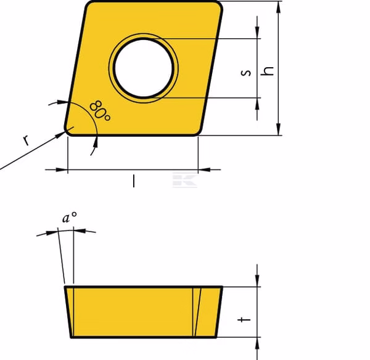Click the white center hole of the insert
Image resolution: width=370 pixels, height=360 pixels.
pyautogui.click(x=144, y=68)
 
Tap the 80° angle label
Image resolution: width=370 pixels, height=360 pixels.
pyautogui.click(x=100, y=111)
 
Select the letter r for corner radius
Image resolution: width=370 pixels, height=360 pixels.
pyautogui.click(x=27, y=140)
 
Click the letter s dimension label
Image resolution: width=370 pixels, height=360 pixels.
pyautogui.click(x=246, y=73)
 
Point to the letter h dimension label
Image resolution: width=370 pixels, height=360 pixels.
pyautogui.click(x=268, y=71)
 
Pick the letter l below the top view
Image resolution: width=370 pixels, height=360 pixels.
pyautogui.click(x=134, y=181)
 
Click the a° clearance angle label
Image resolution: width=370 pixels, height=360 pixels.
pyautogui.click(x=69, y=218)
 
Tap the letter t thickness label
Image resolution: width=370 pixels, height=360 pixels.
pyautogui.click(x=244, y=320)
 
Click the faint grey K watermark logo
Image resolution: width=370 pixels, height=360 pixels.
pyautogui.click(x=185, y=180)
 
